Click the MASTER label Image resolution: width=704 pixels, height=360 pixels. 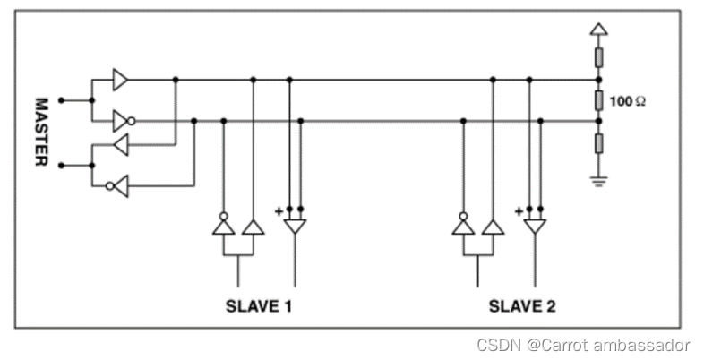[x=41, y=132]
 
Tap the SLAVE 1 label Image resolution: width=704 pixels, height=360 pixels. [x=259, y=306]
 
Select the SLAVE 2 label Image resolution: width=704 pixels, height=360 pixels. [x=522, y=306]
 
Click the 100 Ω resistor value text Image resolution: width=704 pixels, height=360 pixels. [x=627, y=101]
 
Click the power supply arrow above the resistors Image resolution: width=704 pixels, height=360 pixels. [x=598, y=30]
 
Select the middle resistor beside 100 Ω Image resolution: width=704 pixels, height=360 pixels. [x=598, y=100]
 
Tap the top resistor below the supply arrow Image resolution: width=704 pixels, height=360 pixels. [x=598, y=59]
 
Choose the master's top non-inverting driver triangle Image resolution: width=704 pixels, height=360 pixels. [x=120, y=80]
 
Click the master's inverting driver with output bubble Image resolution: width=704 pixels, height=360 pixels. [x=121, y=121]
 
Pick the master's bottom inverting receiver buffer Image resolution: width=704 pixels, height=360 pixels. [x=120, y=185]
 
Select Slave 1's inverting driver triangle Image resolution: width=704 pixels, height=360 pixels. [x=222, y=225]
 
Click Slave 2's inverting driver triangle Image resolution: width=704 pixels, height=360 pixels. [x=462, y=225]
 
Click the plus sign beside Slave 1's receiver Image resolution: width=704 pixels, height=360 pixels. [x=279, y=211]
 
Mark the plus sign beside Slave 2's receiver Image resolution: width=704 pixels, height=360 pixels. [x=519, y=211]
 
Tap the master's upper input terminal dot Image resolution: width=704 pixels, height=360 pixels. [x=61, y=99]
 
